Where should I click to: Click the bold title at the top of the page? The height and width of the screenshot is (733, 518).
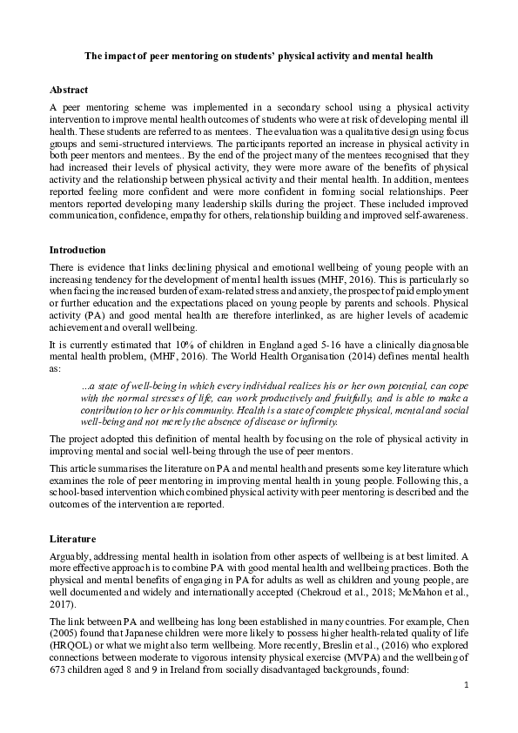(259, 55)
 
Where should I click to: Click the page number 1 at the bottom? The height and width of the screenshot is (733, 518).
(466, 709)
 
